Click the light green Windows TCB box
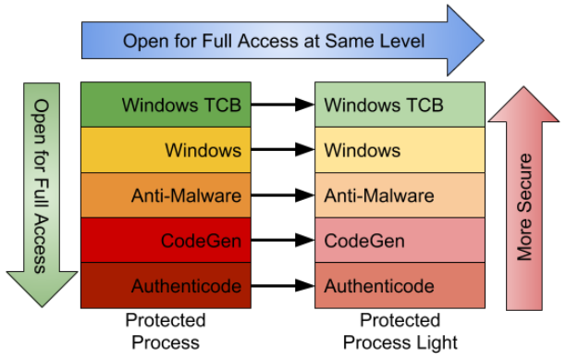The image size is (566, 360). (x=400, y=105)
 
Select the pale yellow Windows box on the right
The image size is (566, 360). (x=400, y=150)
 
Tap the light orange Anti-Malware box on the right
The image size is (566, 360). (x=400, y=195)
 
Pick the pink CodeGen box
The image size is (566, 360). (x=400, y=241)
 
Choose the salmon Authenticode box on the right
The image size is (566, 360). (x=400, y=285)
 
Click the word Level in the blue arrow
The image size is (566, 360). (x=402, y=42)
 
